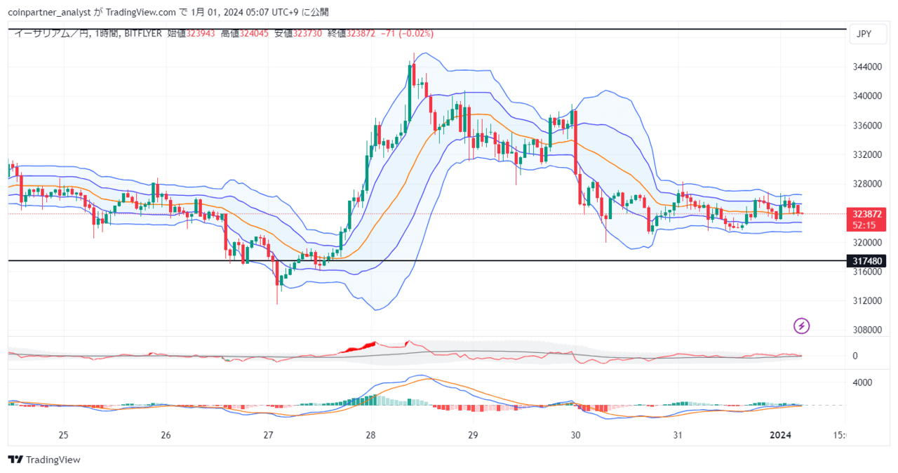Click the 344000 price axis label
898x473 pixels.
click(866, 67)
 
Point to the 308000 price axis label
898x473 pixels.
click(866, 330)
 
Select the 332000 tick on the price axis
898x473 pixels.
click(866, 154)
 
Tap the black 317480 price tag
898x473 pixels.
click(867, 261)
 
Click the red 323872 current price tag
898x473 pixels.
click(867, 213)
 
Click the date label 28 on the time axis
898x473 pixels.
click(370, 435)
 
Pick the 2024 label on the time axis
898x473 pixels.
click(781, 435)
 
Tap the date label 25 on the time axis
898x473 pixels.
click(62, 435)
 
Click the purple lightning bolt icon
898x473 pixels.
click(802, 326)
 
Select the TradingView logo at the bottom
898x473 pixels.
click(44, 460)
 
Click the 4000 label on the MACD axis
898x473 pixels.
click(862, 383)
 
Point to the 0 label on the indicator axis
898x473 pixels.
click(855, 356)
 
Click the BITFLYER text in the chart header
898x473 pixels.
click(144, 33)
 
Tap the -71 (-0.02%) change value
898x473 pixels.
click(406, 33)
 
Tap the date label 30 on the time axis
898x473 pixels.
click(575, 435)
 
